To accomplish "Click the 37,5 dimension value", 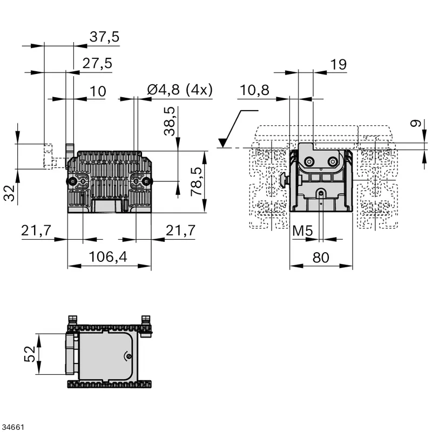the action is pyautogui.click(x=104, y=37).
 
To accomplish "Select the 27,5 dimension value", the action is pyautogui.click(x=97, y=63).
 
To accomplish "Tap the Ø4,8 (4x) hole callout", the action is pyautogui.click(x=180, y=90).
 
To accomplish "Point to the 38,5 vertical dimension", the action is pyautogui.click(x=170, y=121).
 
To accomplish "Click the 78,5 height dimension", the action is pyautogui.click(x=197, y=181).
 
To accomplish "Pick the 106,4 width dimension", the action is pyautogui.click(x=108, y=257).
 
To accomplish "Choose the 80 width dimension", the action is pyautogui.click(x=321, y=258).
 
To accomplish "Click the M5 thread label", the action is pyautogui.click(x=302, y=231).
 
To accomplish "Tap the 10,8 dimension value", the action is pyautogui.click(x=254, y=90).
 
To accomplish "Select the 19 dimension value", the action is pyautogui.click(x=339, y=64).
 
